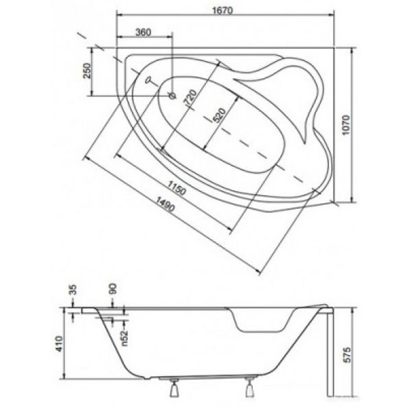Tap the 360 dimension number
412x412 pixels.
(144, 32)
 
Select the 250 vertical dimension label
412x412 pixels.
(87, 71)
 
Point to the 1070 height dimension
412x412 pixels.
(346, 125)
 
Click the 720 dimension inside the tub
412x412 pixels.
(191, 98)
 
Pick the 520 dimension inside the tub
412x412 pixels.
(220, 115)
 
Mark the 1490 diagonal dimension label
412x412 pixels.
(165, 204)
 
